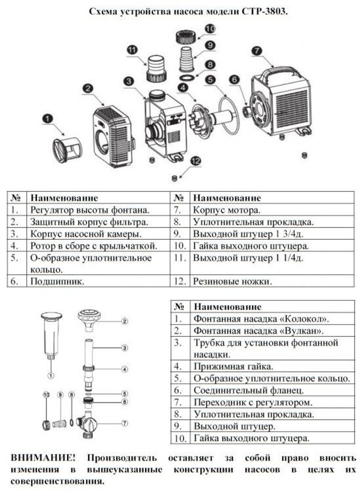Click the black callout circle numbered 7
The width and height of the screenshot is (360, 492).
[257, 51]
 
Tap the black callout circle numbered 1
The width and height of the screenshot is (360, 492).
[48, 118]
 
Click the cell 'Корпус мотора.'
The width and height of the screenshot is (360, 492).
[226, 210]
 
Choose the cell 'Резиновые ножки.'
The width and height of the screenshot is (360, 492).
[232, 281]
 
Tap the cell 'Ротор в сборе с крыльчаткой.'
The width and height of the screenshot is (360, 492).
[94, 246]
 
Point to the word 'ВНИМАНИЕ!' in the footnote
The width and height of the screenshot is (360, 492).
[43, 458]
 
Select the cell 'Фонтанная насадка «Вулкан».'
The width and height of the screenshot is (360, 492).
[258, 331]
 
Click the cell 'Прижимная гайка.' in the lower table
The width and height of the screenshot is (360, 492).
[233, 366]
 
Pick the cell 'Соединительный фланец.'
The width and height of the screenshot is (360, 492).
[248, 390]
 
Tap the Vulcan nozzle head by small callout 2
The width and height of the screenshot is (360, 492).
[89, 319]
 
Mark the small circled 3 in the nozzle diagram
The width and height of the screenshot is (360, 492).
[125, 348]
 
